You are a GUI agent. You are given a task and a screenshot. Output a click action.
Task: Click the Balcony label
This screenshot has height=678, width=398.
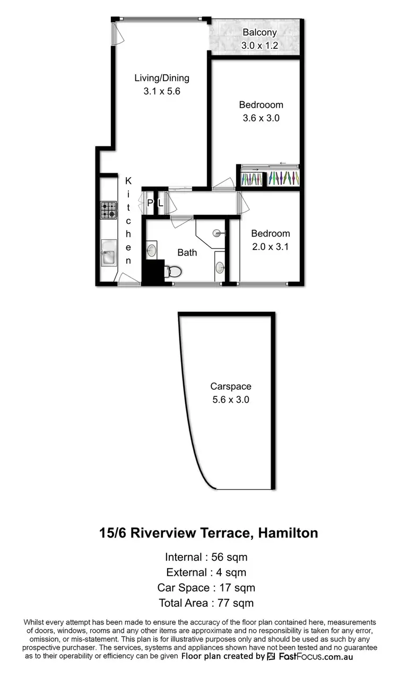(x=259, y=32)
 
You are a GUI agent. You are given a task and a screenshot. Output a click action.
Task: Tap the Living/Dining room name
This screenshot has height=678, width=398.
(x=161, y=78)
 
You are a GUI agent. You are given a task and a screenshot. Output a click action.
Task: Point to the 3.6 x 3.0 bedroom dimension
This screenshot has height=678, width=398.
(x=261, y=118)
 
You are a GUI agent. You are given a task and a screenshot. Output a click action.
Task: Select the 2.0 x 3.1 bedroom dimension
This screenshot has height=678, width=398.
(x=270, y=247)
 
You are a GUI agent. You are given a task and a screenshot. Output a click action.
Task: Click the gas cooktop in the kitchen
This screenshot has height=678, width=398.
(x=109, y=210)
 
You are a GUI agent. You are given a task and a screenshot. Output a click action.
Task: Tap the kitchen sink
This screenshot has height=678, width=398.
(x=109, y=253)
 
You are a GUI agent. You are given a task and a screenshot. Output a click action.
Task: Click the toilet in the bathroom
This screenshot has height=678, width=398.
(x=173, y=272)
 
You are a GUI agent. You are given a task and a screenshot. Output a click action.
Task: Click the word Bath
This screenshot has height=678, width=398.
(x=187, y=253)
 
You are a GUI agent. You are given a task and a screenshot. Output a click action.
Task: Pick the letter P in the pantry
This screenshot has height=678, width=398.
(x=150, y=203)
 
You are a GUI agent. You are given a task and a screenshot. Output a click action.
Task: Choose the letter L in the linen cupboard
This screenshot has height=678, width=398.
(x=160, y=203)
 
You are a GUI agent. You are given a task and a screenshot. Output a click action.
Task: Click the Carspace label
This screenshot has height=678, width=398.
(x=230, y=387)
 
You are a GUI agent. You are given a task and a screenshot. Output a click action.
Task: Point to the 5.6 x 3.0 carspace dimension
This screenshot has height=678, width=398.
(x=230, y=400)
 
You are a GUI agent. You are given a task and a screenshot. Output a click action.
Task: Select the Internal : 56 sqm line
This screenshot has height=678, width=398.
(x=206, y=557)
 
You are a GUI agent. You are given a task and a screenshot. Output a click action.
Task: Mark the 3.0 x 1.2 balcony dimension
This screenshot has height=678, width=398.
(x=259, y=46)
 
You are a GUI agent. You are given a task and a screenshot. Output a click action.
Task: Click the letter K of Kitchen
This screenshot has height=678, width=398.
(x=128, y=181)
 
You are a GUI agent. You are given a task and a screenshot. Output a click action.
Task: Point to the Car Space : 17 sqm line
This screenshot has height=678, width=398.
(x=206, y=587)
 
